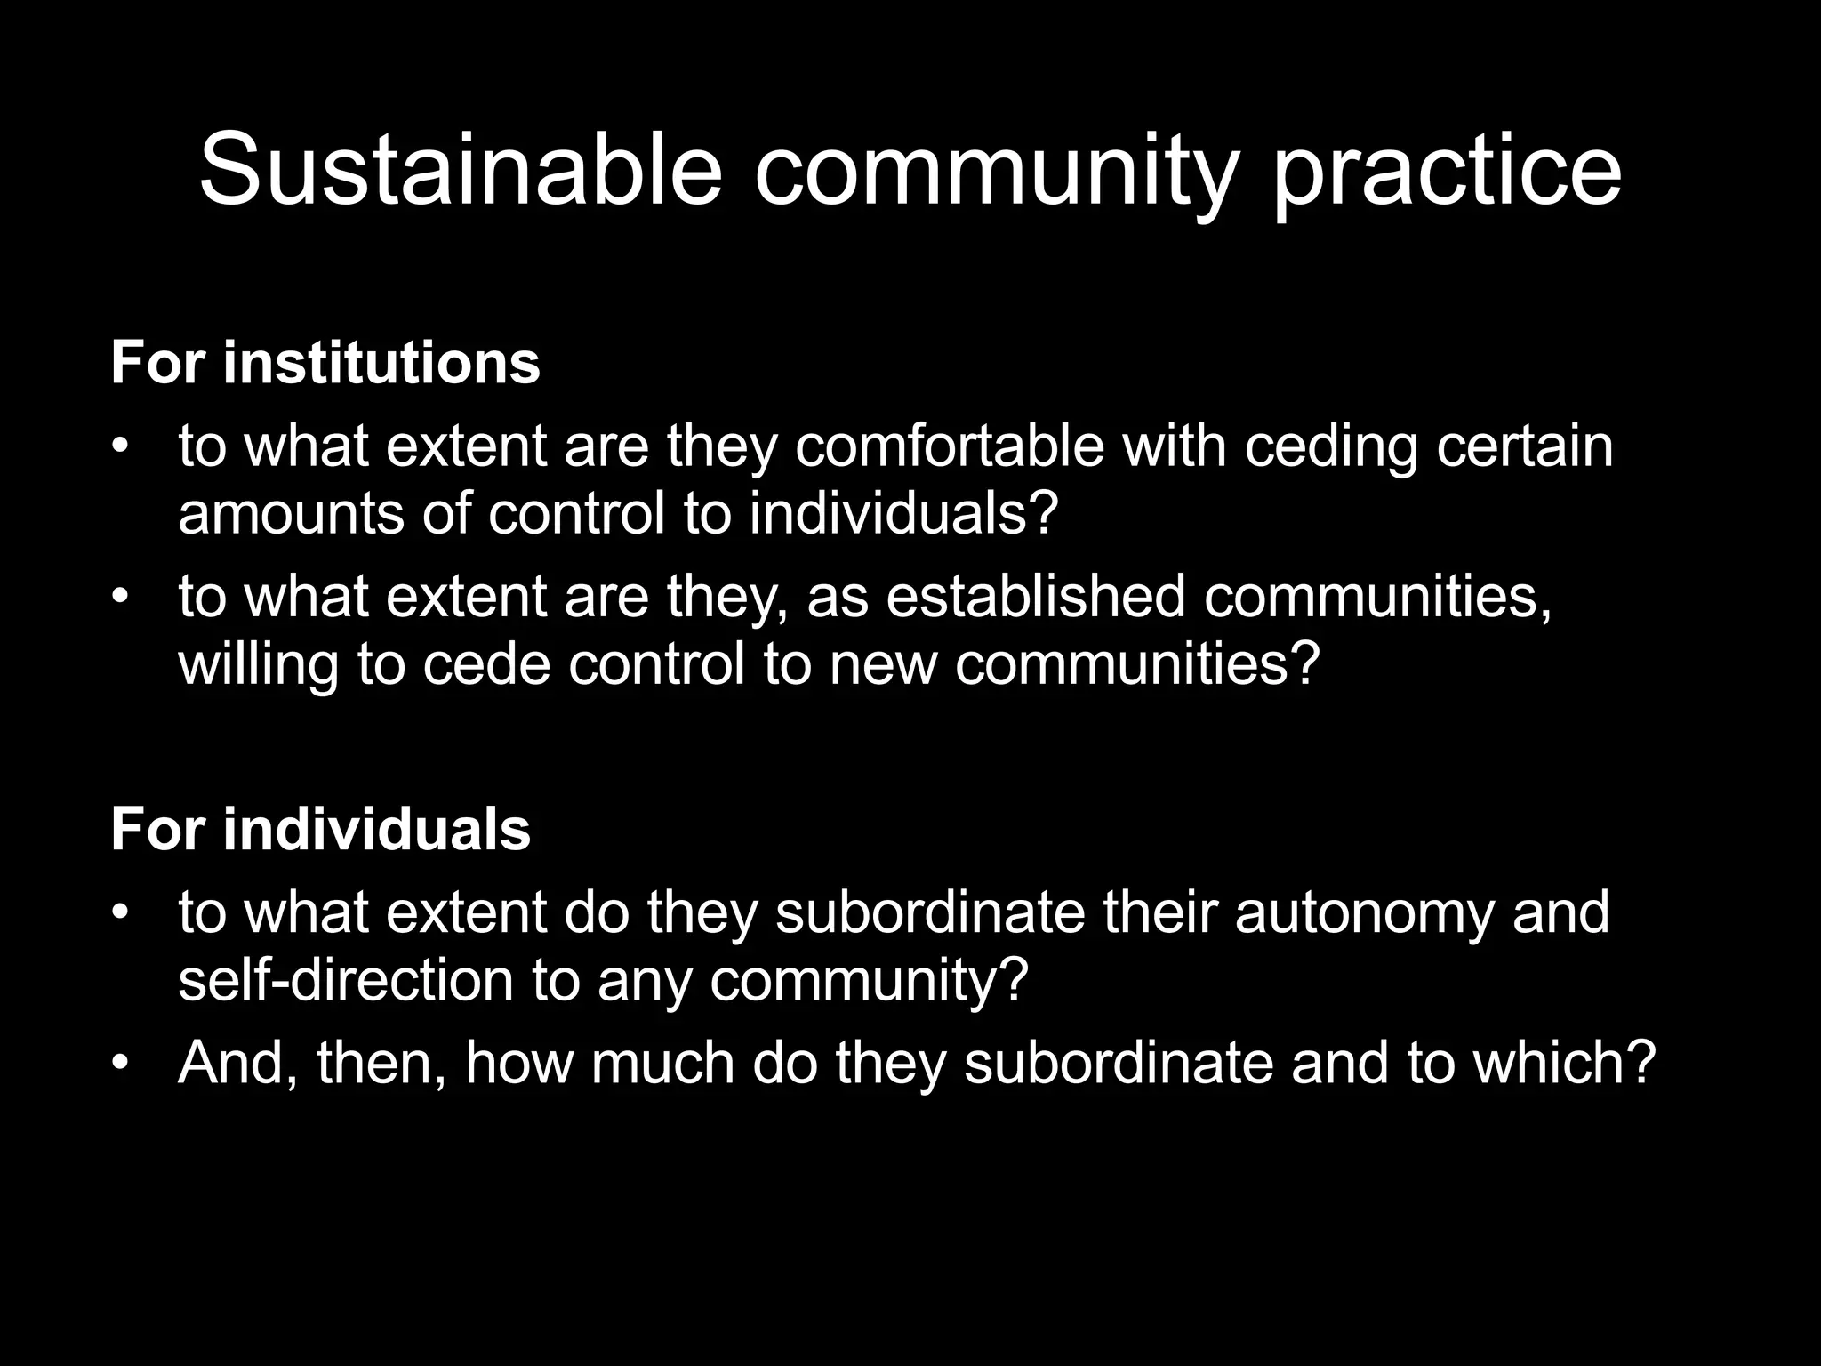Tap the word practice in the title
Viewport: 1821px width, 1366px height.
[x=1448, y=174]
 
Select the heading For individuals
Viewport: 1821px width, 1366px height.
[x=320, y=829]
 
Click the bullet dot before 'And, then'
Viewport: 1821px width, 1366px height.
[x=121, y=1063]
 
